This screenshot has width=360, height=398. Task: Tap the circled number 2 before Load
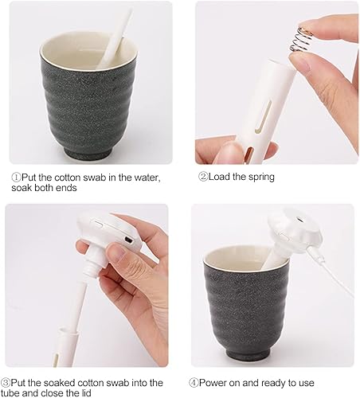203,177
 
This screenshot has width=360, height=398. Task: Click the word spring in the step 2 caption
258,177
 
